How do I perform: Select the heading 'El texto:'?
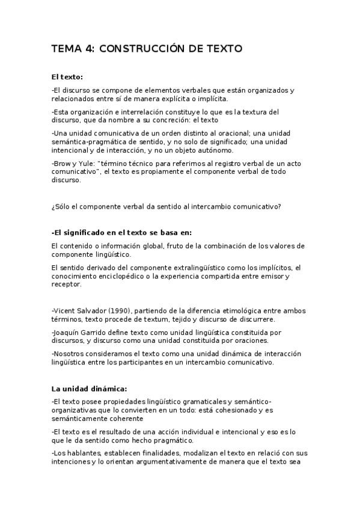pos(67,77)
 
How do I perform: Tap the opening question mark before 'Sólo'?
pos(53,207)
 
